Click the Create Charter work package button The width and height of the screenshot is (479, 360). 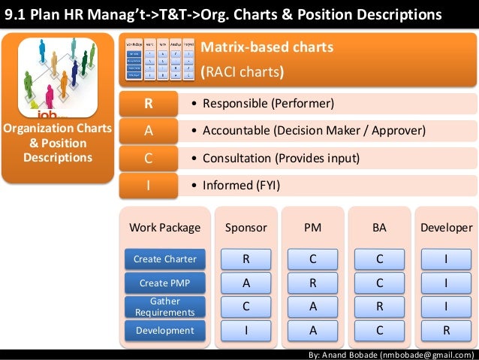(x=165, y=259)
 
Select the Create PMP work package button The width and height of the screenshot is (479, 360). (x=165, y=283)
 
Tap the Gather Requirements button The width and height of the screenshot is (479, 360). (x=165, y=307)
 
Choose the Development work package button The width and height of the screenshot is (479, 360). (x=165, y=330)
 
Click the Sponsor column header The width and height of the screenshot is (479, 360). (x=246, y=228)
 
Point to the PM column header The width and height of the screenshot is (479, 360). (x=312, y=228)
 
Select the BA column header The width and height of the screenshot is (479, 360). (x=379, y=228)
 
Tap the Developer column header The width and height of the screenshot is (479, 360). (x=446, y=228)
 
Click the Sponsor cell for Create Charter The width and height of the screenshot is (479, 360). (x=246, y=260)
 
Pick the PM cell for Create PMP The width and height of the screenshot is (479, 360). (x=312, y=283)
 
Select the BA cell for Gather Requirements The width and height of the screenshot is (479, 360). (x=379, y=307)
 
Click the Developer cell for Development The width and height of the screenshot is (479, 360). (x=446, y=330)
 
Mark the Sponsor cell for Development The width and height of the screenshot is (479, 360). (x=246, y=330)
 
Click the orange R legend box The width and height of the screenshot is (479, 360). (x=149, y=103)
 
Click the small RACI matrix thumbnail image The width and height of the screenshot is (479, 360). (x=158, y=60)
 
